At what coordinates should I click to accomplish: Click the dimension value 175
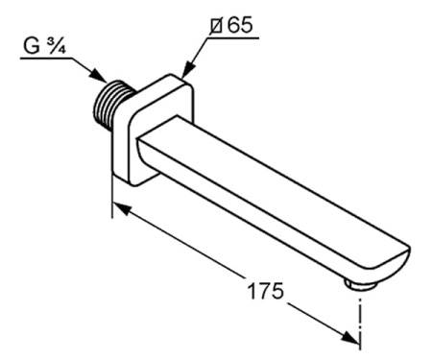(x=266, y=291)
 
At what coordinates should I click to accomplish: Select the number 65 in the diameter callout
(x=240, y=25)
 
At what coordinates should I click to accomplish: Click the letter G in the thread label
(x=32, y=45)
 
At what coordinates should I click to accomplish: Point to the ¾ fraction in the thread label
(x=57, y=45)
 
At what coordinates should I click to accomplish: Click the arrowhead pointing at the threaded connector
(x=99, y=76)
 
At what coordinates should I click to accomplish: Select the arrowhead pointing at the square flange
(x=188, y=69)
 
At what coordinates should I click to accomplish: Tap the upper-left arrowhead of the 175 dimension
(x=122, y=208)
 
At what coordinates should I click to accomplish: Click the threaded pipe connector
(x=112, y=102)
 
